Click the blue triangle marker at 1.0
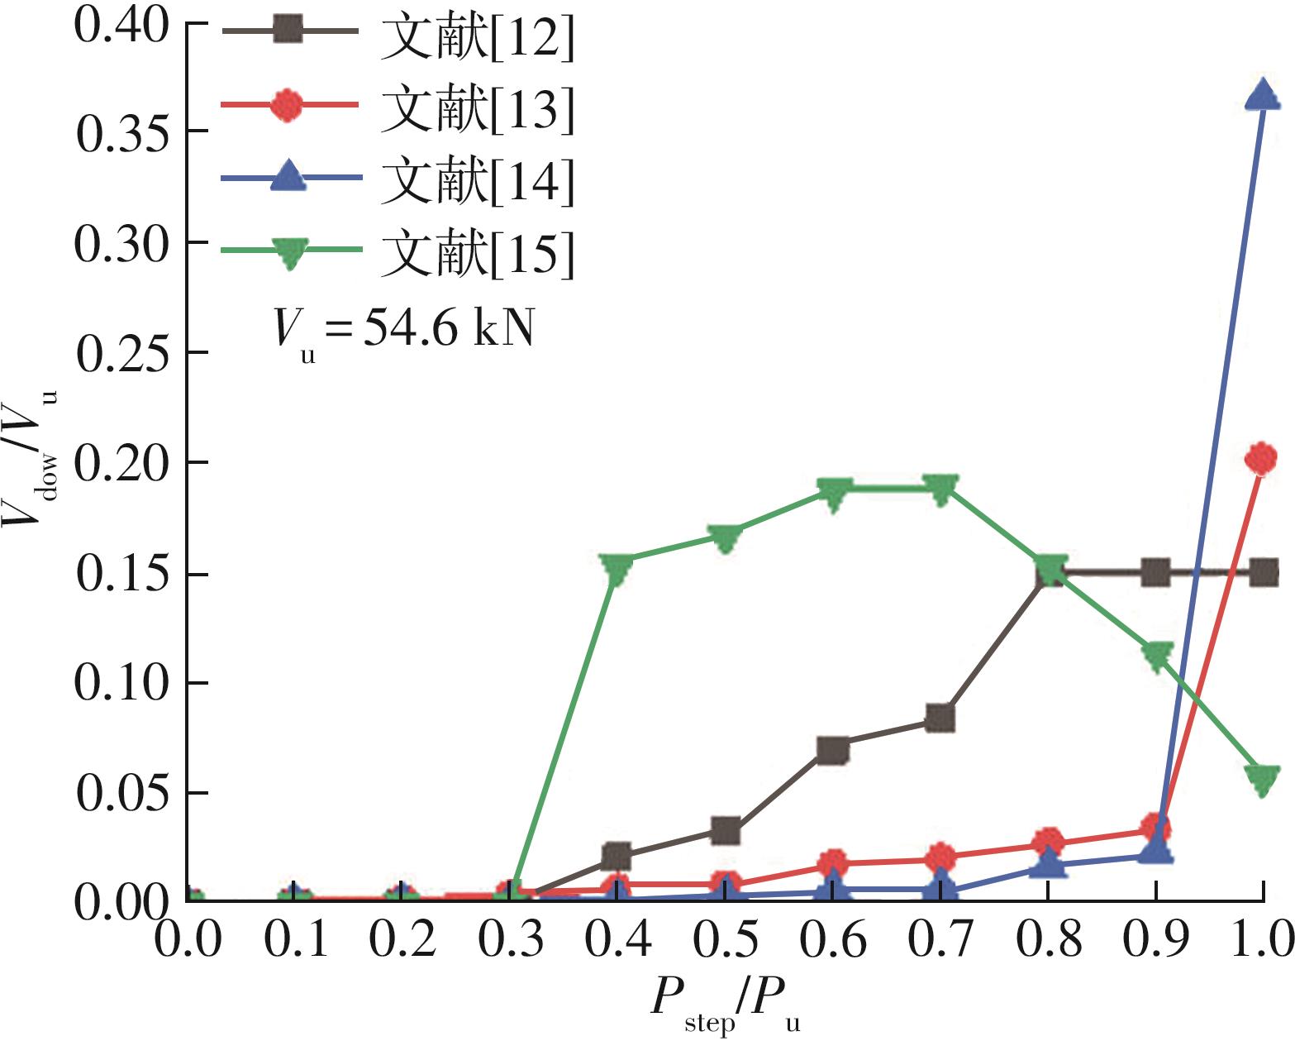pos(1262,95)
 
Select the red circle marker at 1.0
pos(1261,457)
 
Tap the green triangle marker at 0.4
pos(617,568)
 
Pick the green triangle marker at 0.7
pos(940,489)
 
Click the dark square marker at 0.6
pos(832,751)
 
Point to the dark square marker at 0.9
pos(1155,572)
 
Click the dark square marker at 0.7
pos(940,718)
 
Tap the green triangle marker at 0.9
pos(1156,657)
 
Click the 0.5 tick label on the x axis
pos(725,940)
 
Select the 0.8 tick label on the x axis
pos(1048,940)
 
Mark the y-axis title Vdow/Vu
pos(33,459)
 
